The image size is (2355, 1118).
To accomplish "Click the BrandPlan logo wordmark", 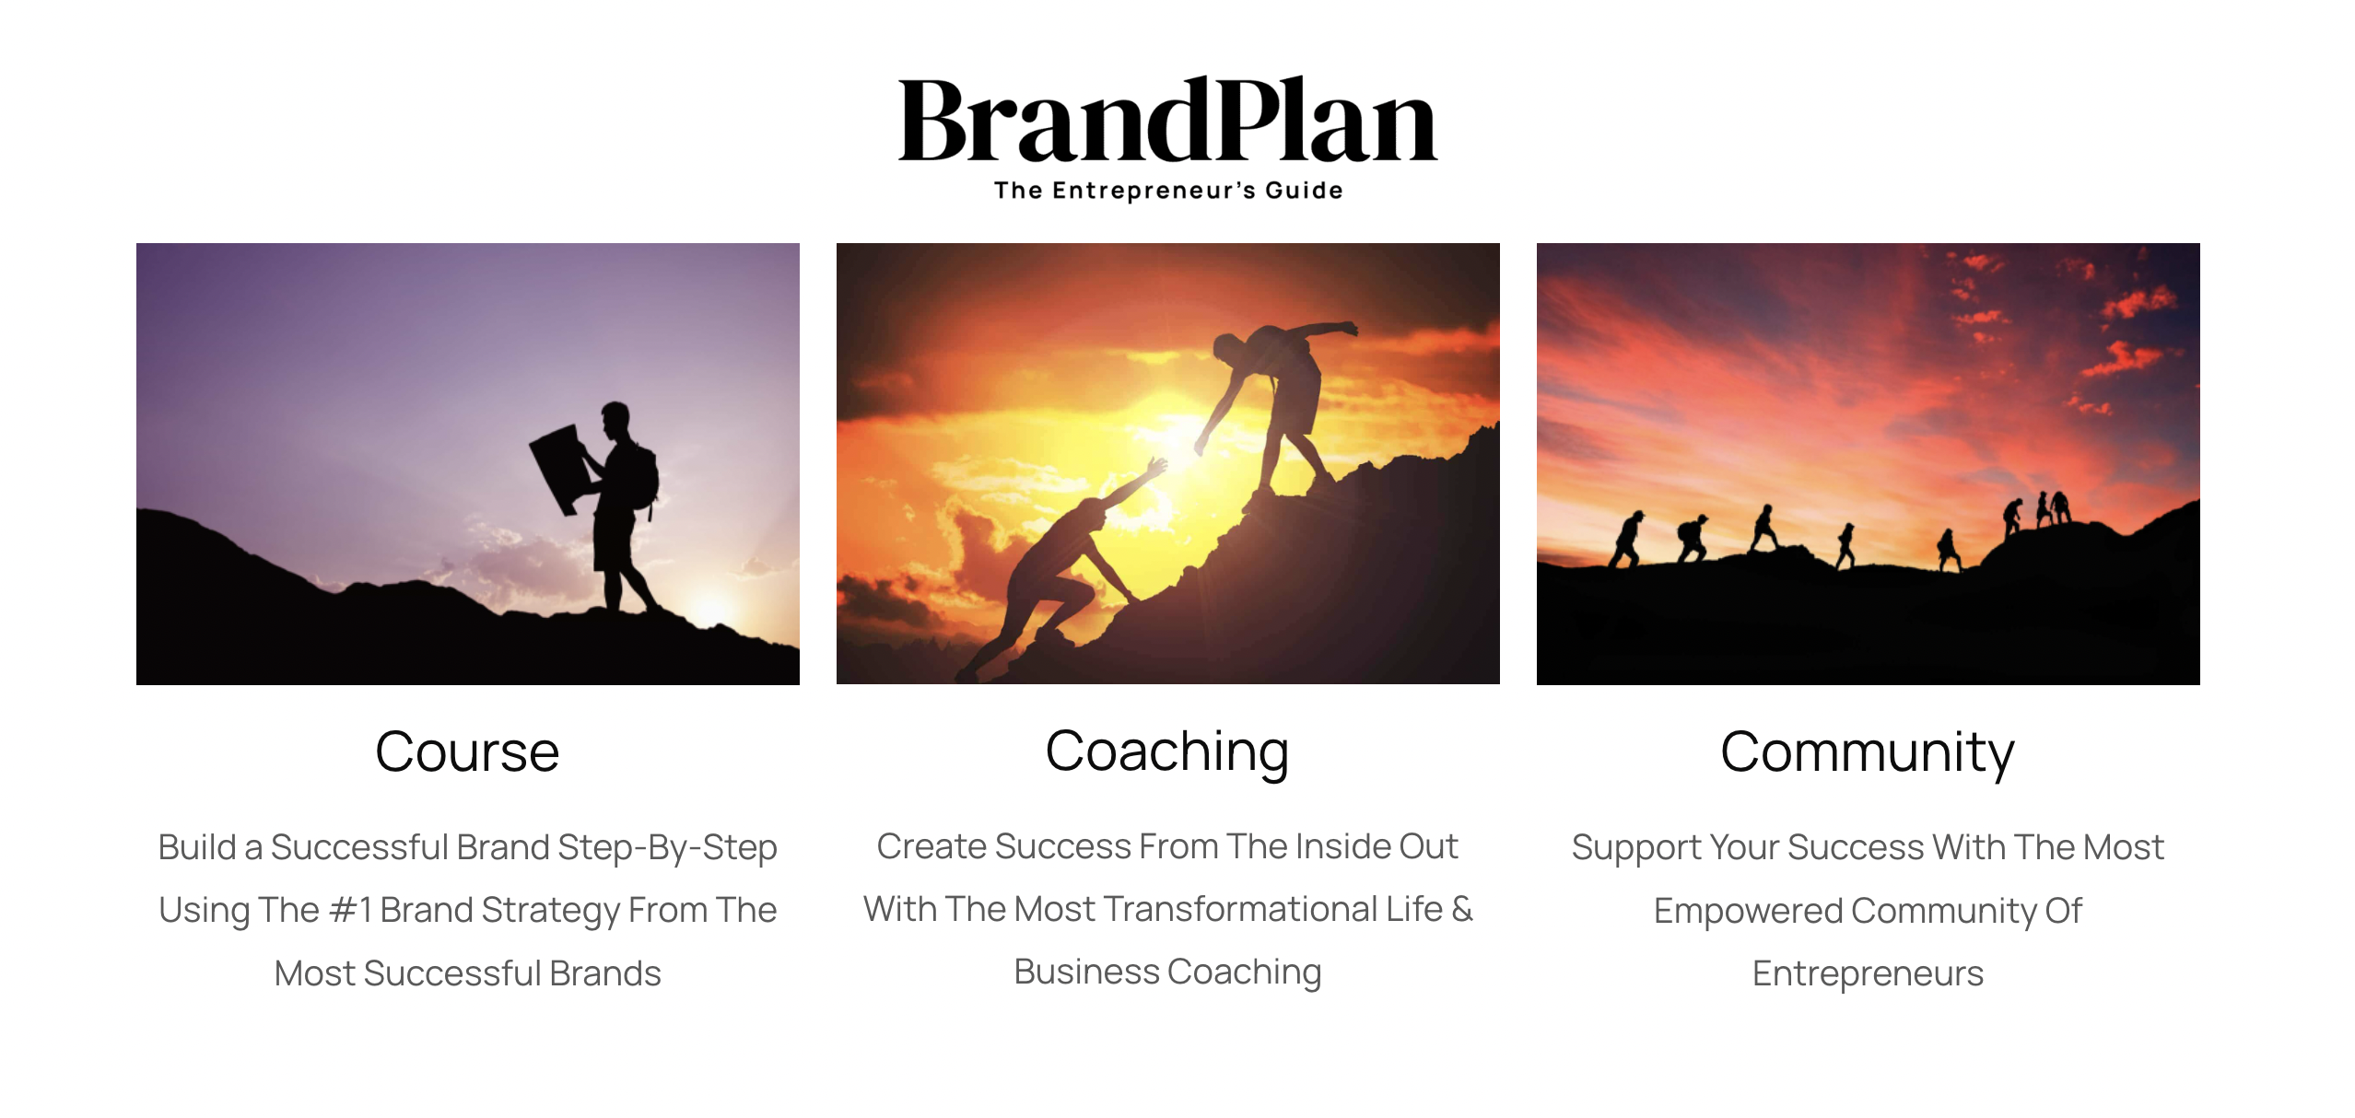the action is (1167, 120).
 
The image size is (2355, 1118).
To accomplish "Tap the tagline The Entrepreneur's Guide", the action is (1168, 191).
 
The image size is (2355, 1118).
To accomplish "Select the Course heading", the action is (467, 751).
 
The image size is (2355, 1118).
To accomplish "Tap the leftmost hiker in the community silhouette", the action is (1626, 540).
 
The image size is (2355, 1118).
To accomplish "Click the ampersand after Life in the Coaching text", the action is (1462, 909).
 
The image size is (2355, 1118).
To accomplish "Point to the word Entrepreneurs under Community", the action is (1868, 974).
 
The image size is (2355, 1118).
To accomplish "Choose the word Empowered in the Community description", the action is (1748, 912).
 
